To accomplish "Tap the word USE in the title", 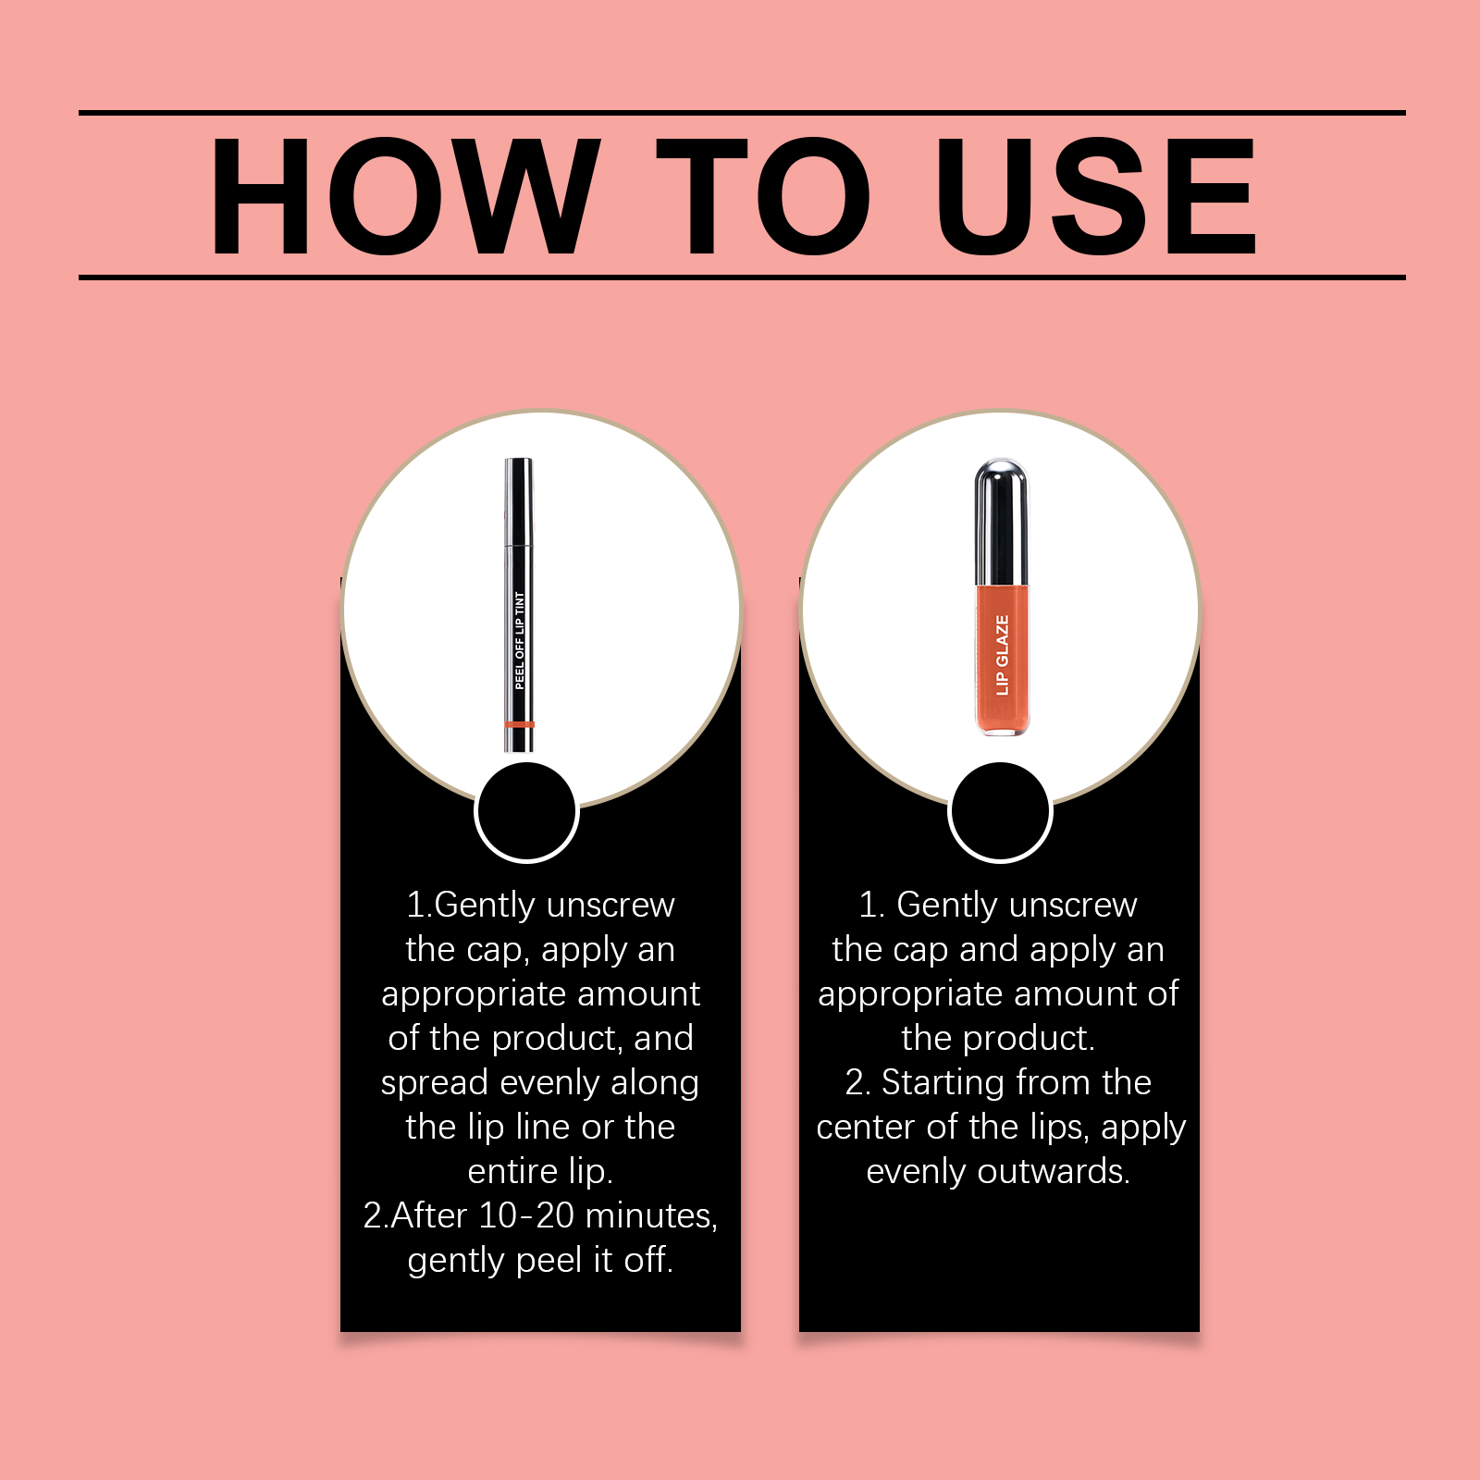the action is point(1096,196).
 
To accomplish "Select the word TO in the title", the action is point(764,196).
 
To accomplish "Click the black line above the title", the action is point(742,113).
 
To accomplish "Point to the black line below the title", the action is point(742,277).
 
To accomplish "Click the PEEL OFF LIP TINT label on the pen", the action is point(520,640).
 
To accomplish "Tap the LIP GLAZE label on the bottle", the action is point(1002,655).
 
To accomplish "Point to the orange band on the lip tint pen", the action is point(520,723).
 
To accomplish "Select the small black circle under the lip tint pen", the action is point(526,811).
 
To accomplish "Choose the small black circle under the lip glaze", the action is point(1000,811).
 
